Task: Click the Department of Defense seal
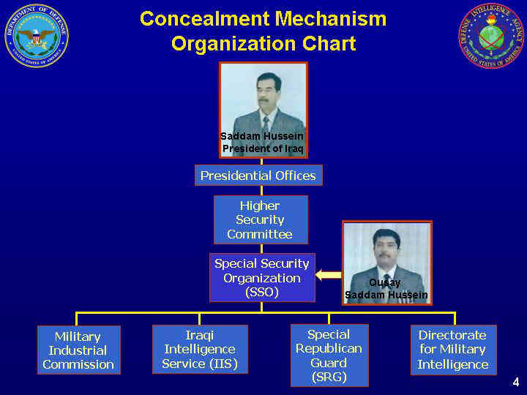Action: coord(37,36)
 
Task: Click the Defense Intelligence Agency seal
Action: coord(491,36)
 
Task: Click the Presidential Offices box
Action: coord(258,176)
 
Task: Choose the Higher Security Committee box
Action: coord(261,219)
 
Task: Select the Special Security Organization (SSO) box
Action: coord(262,278)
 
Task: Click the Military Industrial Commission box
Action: coord(78,350)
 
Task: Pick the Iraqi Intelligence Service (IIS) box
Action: coord(200,350)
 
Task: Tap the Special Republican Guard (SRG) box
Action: coord(329,355)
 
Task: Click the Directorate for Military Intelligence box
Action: coord(453,350)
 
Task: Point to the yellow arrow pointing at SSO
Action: coord(329,275)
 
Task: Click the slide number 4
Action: coord(515,382)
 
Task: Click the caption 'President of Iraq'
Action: coord(262,148)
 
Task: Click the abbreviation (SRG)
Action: coord(329,377)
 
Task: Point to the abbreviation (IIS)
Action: coord(223,364)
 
